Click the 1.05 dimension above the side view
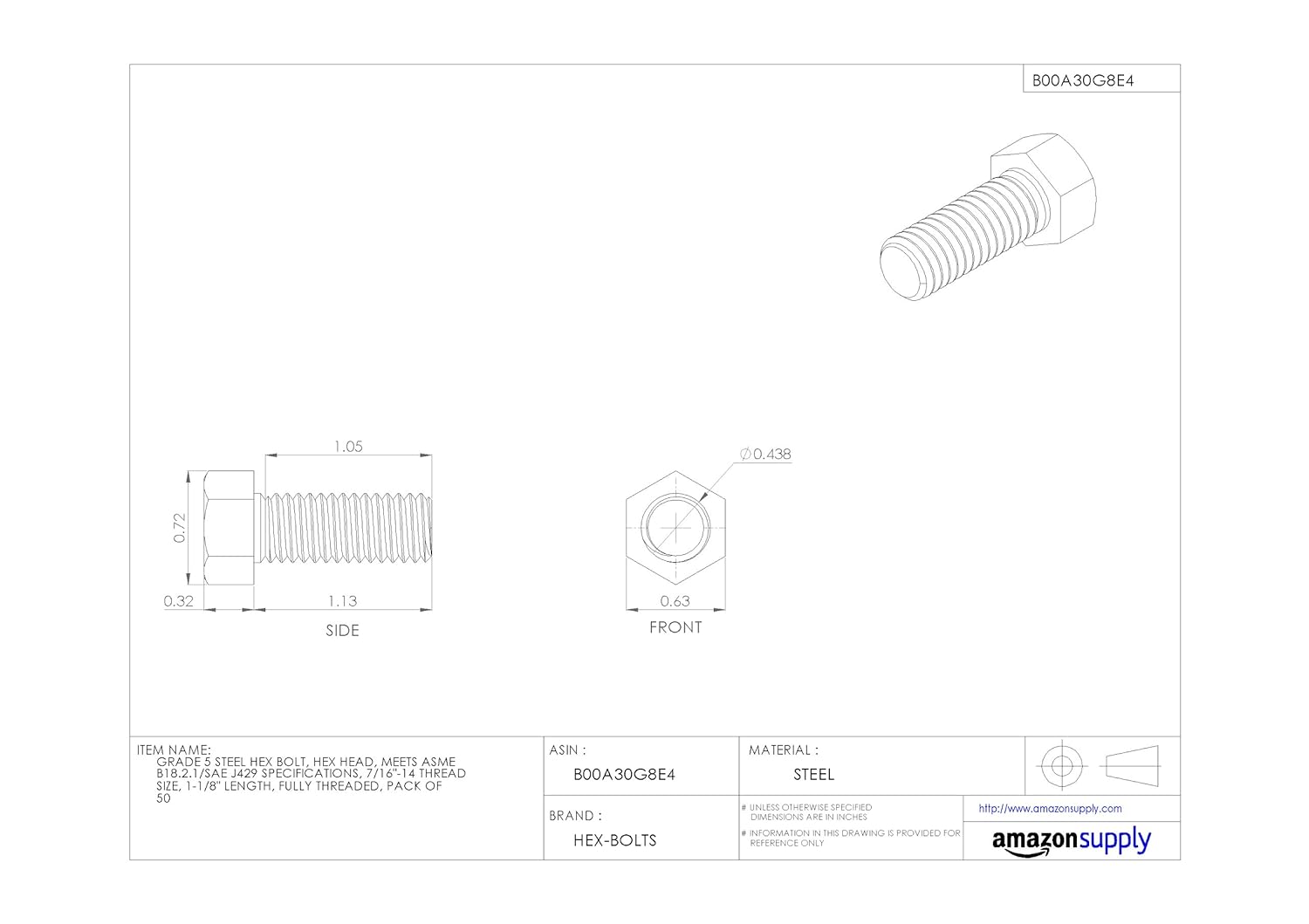coord(348,447)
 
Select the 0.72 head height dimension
coord(180,528)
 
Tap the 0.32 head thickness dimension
coord(179,601)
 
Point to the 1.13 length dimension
coord(343,601)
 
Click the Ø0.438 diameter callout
coord(765,454)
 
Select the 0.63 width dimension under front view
coord(675,601)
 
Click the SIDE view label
coord(342,630)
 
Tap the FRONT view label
coord(675,627)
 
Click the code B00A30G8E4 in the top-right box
coord(1083,80)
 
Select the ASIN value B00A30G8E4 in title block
coord(624,775)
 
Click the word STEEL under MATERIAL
coord(813,775)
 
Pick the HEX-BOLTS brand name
coord(614,841)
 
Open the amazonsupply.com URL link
coord(1050,809)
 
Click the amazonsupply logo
coord(1071,842)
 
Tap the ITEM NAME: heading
coord(174,749)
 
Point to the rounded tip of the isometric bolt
coord(899,270)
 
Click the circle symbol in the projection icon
coord(1061,766)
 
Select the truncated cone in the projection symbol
coord(1131,766)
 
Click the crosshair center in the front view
coord(675,528)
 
